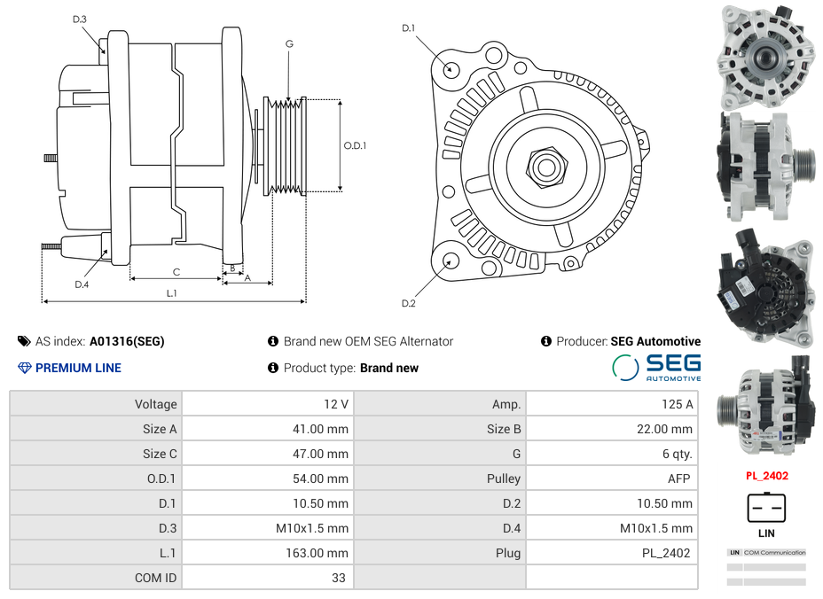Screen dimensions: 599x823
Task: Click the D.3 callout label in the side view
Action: click(x=80, y=19)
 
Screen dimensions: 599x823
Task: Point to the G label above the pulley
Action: click(x=289, y=43)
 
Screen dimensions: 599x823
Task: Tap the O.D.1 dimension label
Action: click(x=355, y=145)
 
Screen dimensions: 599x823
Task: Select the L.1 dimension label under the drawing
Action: click(x=172, y=293)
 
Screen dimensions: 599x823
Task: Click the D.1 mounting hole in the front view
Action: click(x=451, y=68)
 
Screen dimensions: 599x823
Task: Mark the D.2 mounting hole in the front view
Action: click(x=451, y=261)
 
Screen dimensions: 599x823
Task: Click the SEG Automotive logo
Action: click(x=657, y=367)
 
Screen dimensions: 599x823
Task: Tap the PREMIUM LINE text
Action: click(x=78, y=368)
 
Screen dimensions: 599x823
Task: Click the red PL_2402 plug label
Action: click(x=766, y=475)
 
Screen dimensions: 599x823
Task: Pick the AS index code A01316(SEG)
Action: click(x=127, y=341)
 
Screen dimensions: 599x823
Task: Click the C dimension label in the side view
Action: click(x=176, y=272)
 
